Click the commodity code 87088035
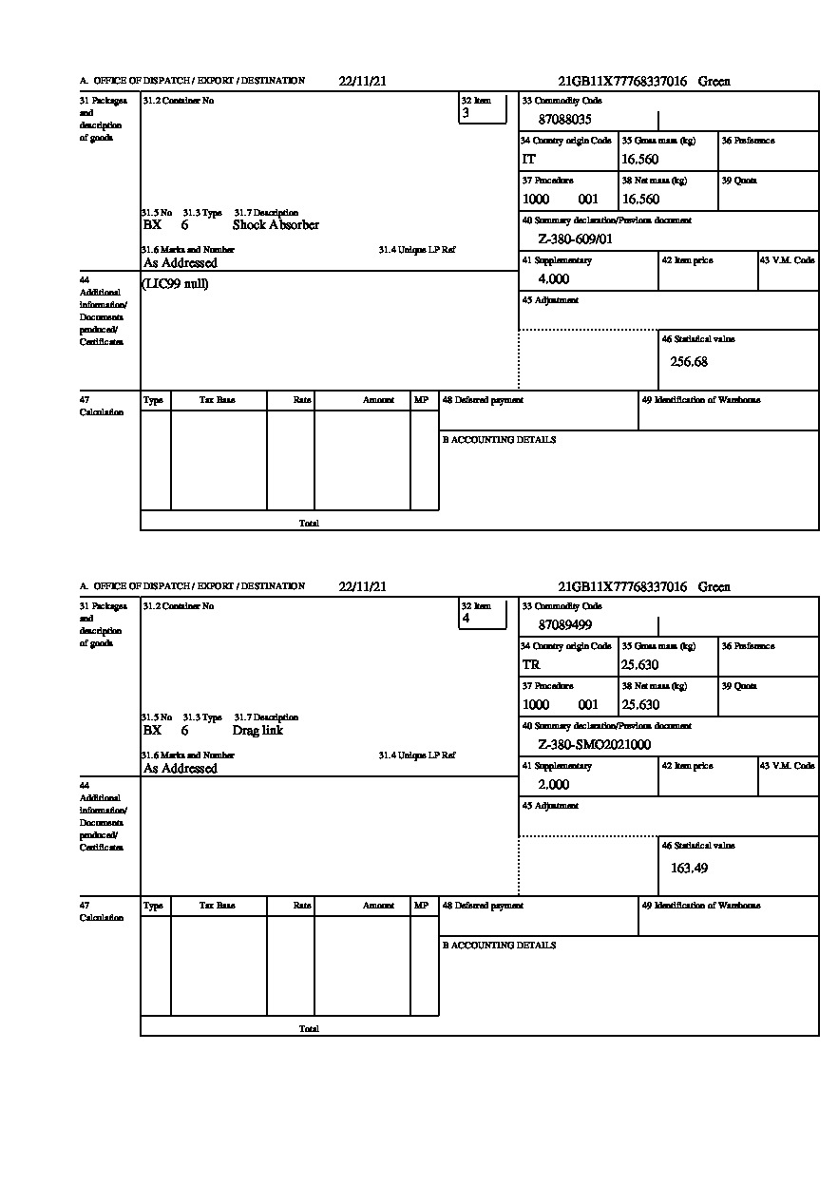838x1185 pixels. point(564,120)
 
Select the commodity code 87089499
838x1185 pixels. point(564,625)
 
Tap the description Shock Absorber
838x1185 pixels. point(276,225)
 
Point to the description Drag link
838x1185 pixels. point(257,731)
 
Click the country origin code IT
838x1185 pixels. point(529,160)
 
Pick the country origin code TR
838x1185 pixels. point(531,665)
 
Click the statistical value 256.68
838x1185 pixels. point(689,362)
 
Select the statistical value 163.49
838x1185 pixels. point(689,868)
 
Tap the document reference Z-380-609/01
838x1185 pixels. point(575,239)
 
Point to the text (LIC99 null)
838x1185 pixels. point(176,284)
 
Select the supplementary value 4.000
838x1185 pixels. point(553,279)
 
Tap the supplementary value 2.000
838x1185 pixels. point(553,785)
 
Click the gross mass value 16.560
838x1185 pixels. point(639,160)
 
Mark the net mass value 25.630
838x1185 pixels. point(639,705)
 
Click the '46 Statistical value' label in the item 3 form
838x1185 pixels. point(697,339)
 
